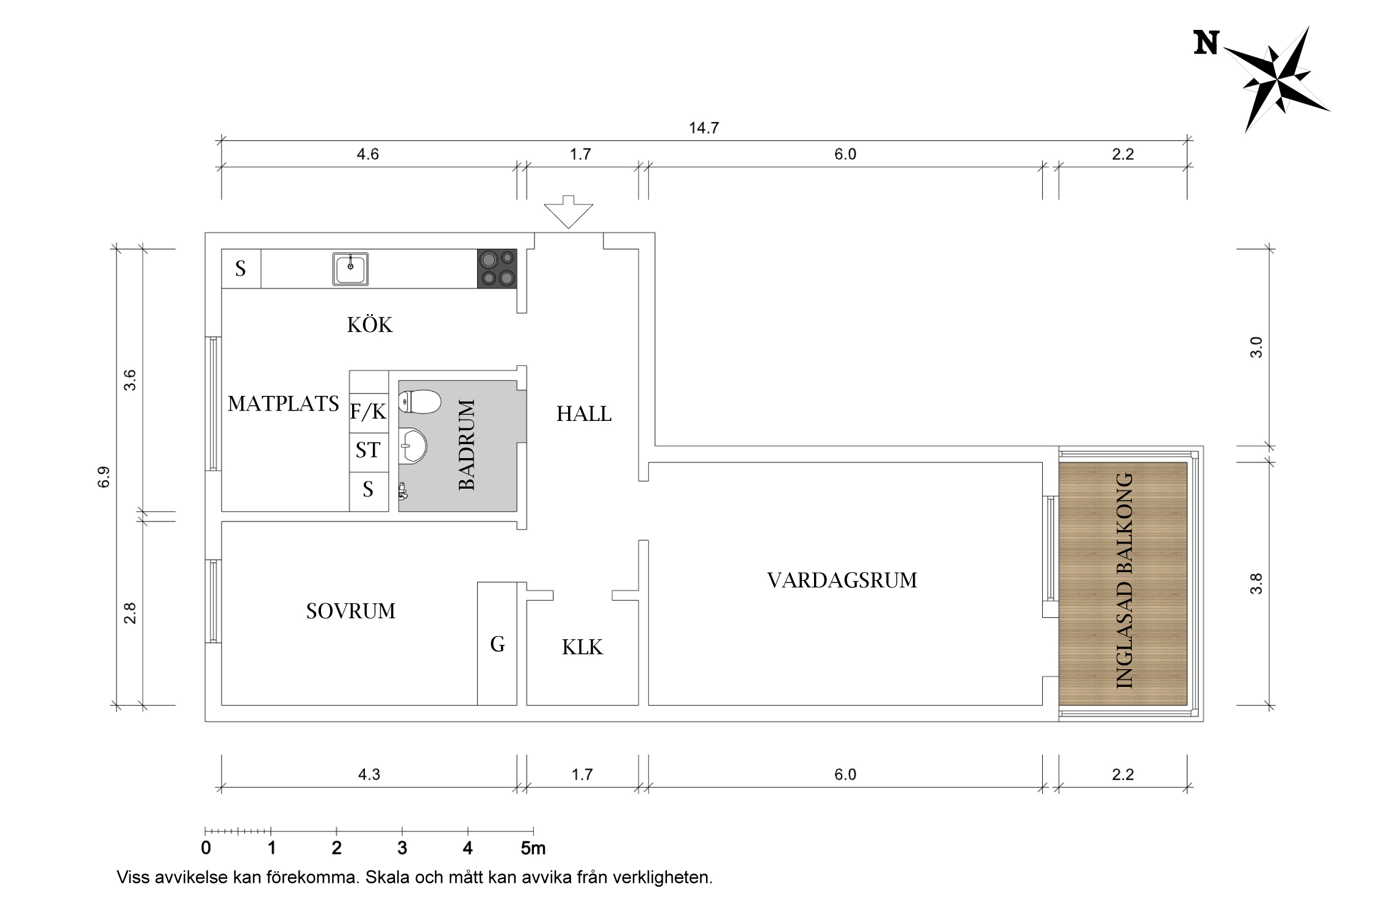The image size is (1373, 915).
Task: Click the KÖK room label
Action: [x=370, y=325]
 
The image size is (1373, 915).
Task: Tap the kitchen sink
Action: [x=350, y=269]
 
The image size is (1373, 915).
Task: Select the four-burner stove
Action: [x=497, y=269]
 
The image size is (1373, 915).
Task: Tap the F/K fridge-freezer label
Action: [x=368, y=412]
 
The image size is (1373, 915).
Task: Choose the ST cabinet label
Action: [x=368, y=450]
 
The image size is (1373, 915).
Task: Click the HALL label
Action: [x=584, y=414]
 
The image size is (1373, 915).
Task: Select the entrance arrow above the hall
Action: [x=569, y=212]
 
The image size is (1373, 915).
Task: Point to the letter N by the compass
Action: [x=1206, y=43]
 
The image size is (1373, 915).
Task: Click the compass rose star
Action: [x=1277, y=81]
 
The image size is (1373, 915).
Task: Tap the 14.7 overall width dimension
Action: [x=704, y=128]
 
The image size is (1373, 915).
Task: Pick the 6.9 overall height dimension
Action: [x=104, y=477]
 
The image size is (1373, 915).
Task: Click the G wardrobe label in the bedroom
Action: [x=497, y=644]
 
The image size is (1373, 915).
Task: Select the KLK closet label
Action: [x=582, y=647]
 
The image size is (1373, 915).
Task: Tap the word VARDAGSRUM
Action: [x=842, y=580]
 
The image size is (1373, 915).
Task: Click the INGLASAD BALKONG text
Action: [x=1124, y=581]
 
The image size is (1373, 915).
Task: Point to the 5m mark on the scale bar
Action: [x=533, y=848]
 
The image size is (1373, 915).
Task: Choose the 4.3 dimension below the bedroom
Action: [x=369, y=775]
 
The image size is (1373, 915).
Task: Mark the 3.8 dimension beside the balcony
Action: [x=1256, y=584]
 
